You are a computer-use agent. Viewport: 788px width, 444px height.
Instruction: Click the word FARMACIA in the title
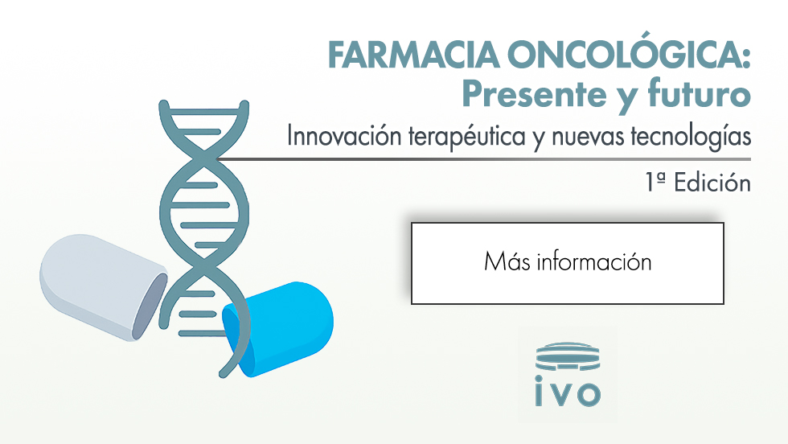(413, 55)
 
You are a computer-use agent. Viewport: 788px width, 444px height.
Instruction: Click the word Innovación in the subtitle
(344, 136)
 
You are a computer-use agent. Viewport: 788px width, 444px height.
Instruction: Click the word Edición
(712, 183)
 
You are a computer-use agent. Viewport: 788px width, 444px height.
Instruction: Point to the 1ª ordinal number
(655, 183)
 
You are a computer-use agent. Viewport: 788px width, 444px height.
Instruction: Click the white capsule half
(103, 287)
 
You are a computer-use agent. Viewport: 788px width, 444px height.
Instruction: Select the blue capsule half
(278, 328)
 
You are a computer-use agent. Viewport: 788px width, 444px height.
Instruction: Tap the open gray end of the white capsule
(150, 306)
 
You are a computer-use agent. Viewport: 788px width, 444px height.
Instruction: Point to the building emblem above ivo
(568, 356)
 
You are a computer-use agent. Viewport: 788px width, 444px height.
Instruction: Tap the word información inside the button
(594, 262)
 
